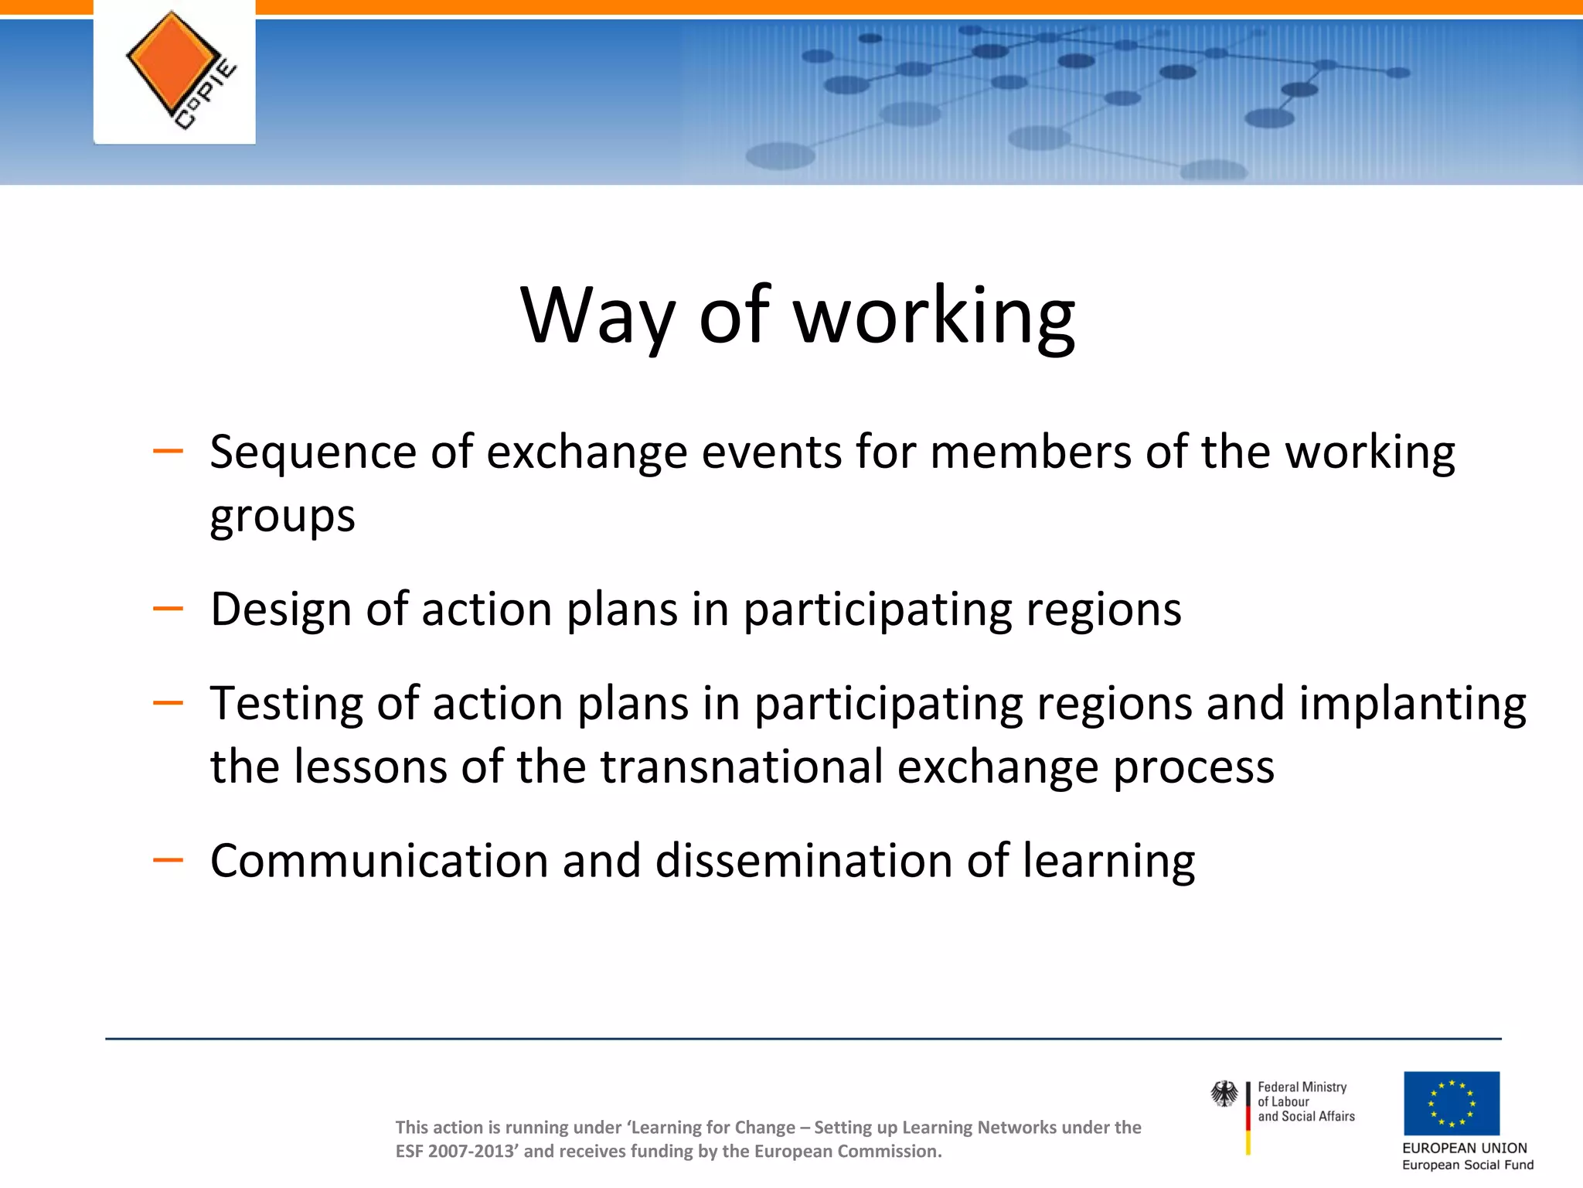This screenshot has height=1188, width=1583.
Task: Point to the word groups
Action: [282, 517]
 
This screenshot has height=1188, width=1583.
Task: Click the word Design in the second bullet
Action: [281, 609]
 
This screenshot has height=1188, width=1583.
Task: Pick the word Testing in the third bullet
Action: [286, 704]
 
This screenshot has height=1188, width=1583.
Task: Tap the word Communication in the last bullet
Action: [379, 861]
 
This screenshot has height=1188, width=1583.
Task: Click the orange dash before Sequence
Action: [168, 451]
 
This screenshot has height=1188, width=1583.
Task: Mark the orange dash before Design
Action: [168, 609]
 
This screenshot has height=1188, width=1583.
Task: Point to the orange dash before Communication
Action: [168, 859]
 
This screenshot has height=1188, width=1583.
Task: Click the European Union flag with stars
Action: [1452, 1103]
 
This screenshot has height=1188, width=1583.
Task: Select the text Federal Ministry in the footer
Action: [1302, 1087]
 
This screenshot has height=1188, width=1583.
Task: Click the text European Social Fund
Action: [1467, 1166]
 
